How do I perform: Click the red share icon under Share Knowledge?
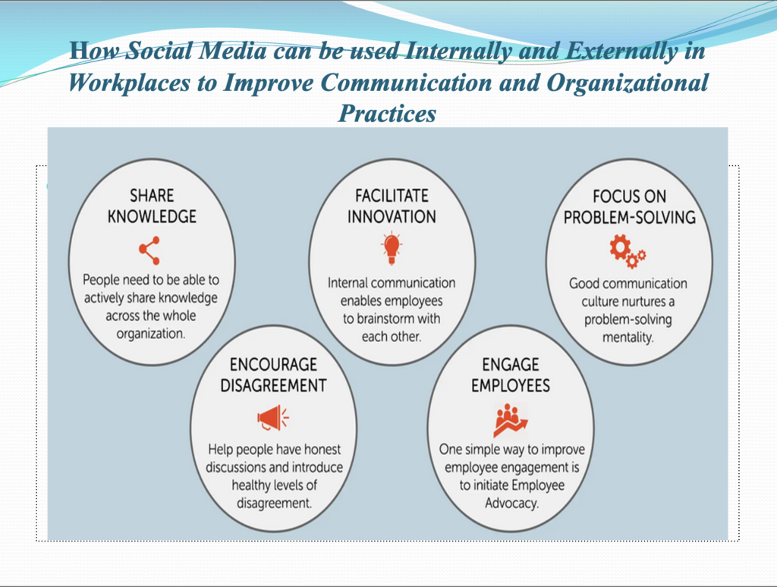click(x=149, y=250)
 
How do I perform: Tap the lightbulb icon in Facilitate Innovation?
click(x=392, y=249)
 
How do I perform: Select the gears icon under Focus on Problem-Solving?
click(x=628, y=252)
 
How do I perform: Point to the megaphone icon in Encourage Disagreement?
click(x=273, y=418)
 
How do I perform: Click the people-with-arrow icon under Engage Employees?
click(x=511, y=419)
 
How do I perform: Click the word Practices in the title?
click(x=388, y=114)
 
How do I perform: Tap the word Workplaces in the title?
click(x=129, y=83)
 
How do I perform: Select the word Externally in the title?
click(x=622, y=51)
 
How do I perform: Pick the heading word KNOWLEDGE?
click(x=152, y=216)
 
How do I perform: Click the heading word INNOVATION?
click(x=392, y=216)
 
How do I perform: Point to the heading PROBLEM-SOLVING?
click(x=629, y=218)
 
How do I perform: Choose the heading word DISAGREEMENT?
click(x=273, y=385)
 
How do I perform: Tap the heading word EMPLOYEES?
click(x=511, y=385)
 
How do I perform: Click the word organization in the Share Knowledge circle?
click(x=150, y=334)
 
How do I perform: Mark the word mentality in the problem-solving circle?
click(x=628, y=337)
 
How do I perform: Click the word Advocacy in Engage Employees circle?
click(x=511, y=504)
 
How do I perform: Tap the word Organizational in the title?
click(x=628, y=83)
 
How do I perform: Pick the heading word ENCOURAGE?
click(x=273, y=365)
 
